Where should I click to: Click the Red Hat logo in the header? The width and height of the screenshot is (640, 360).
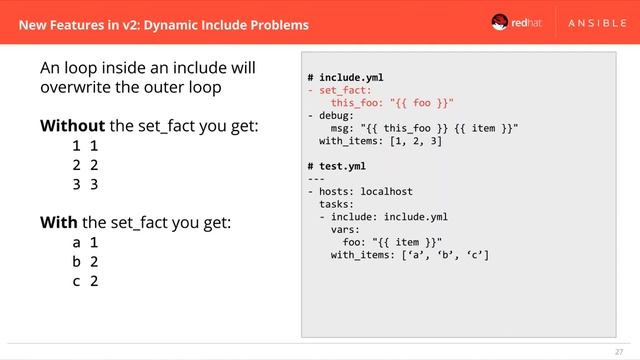(511, 23)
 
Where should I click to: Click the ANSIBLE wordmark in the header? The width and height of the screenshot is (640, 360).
(587, 23)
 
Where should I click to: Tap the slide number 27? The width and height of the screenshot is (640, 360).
(618, 351)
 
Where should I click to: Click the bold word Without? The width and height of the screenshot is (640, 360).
(72, 126)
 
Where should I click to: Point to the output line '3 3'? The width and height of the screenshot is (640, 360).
(84, 185)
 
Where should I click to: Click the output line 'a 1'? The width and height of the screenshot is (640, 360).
(84, 242)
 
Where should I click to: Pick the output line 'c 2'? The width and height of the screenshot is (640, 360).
(84, 281)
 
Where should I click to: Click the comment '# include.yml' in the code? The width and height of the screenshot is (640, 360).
(345, 77)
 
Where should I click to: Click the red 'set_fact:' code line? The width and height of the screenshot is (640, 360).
(336, 90)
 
